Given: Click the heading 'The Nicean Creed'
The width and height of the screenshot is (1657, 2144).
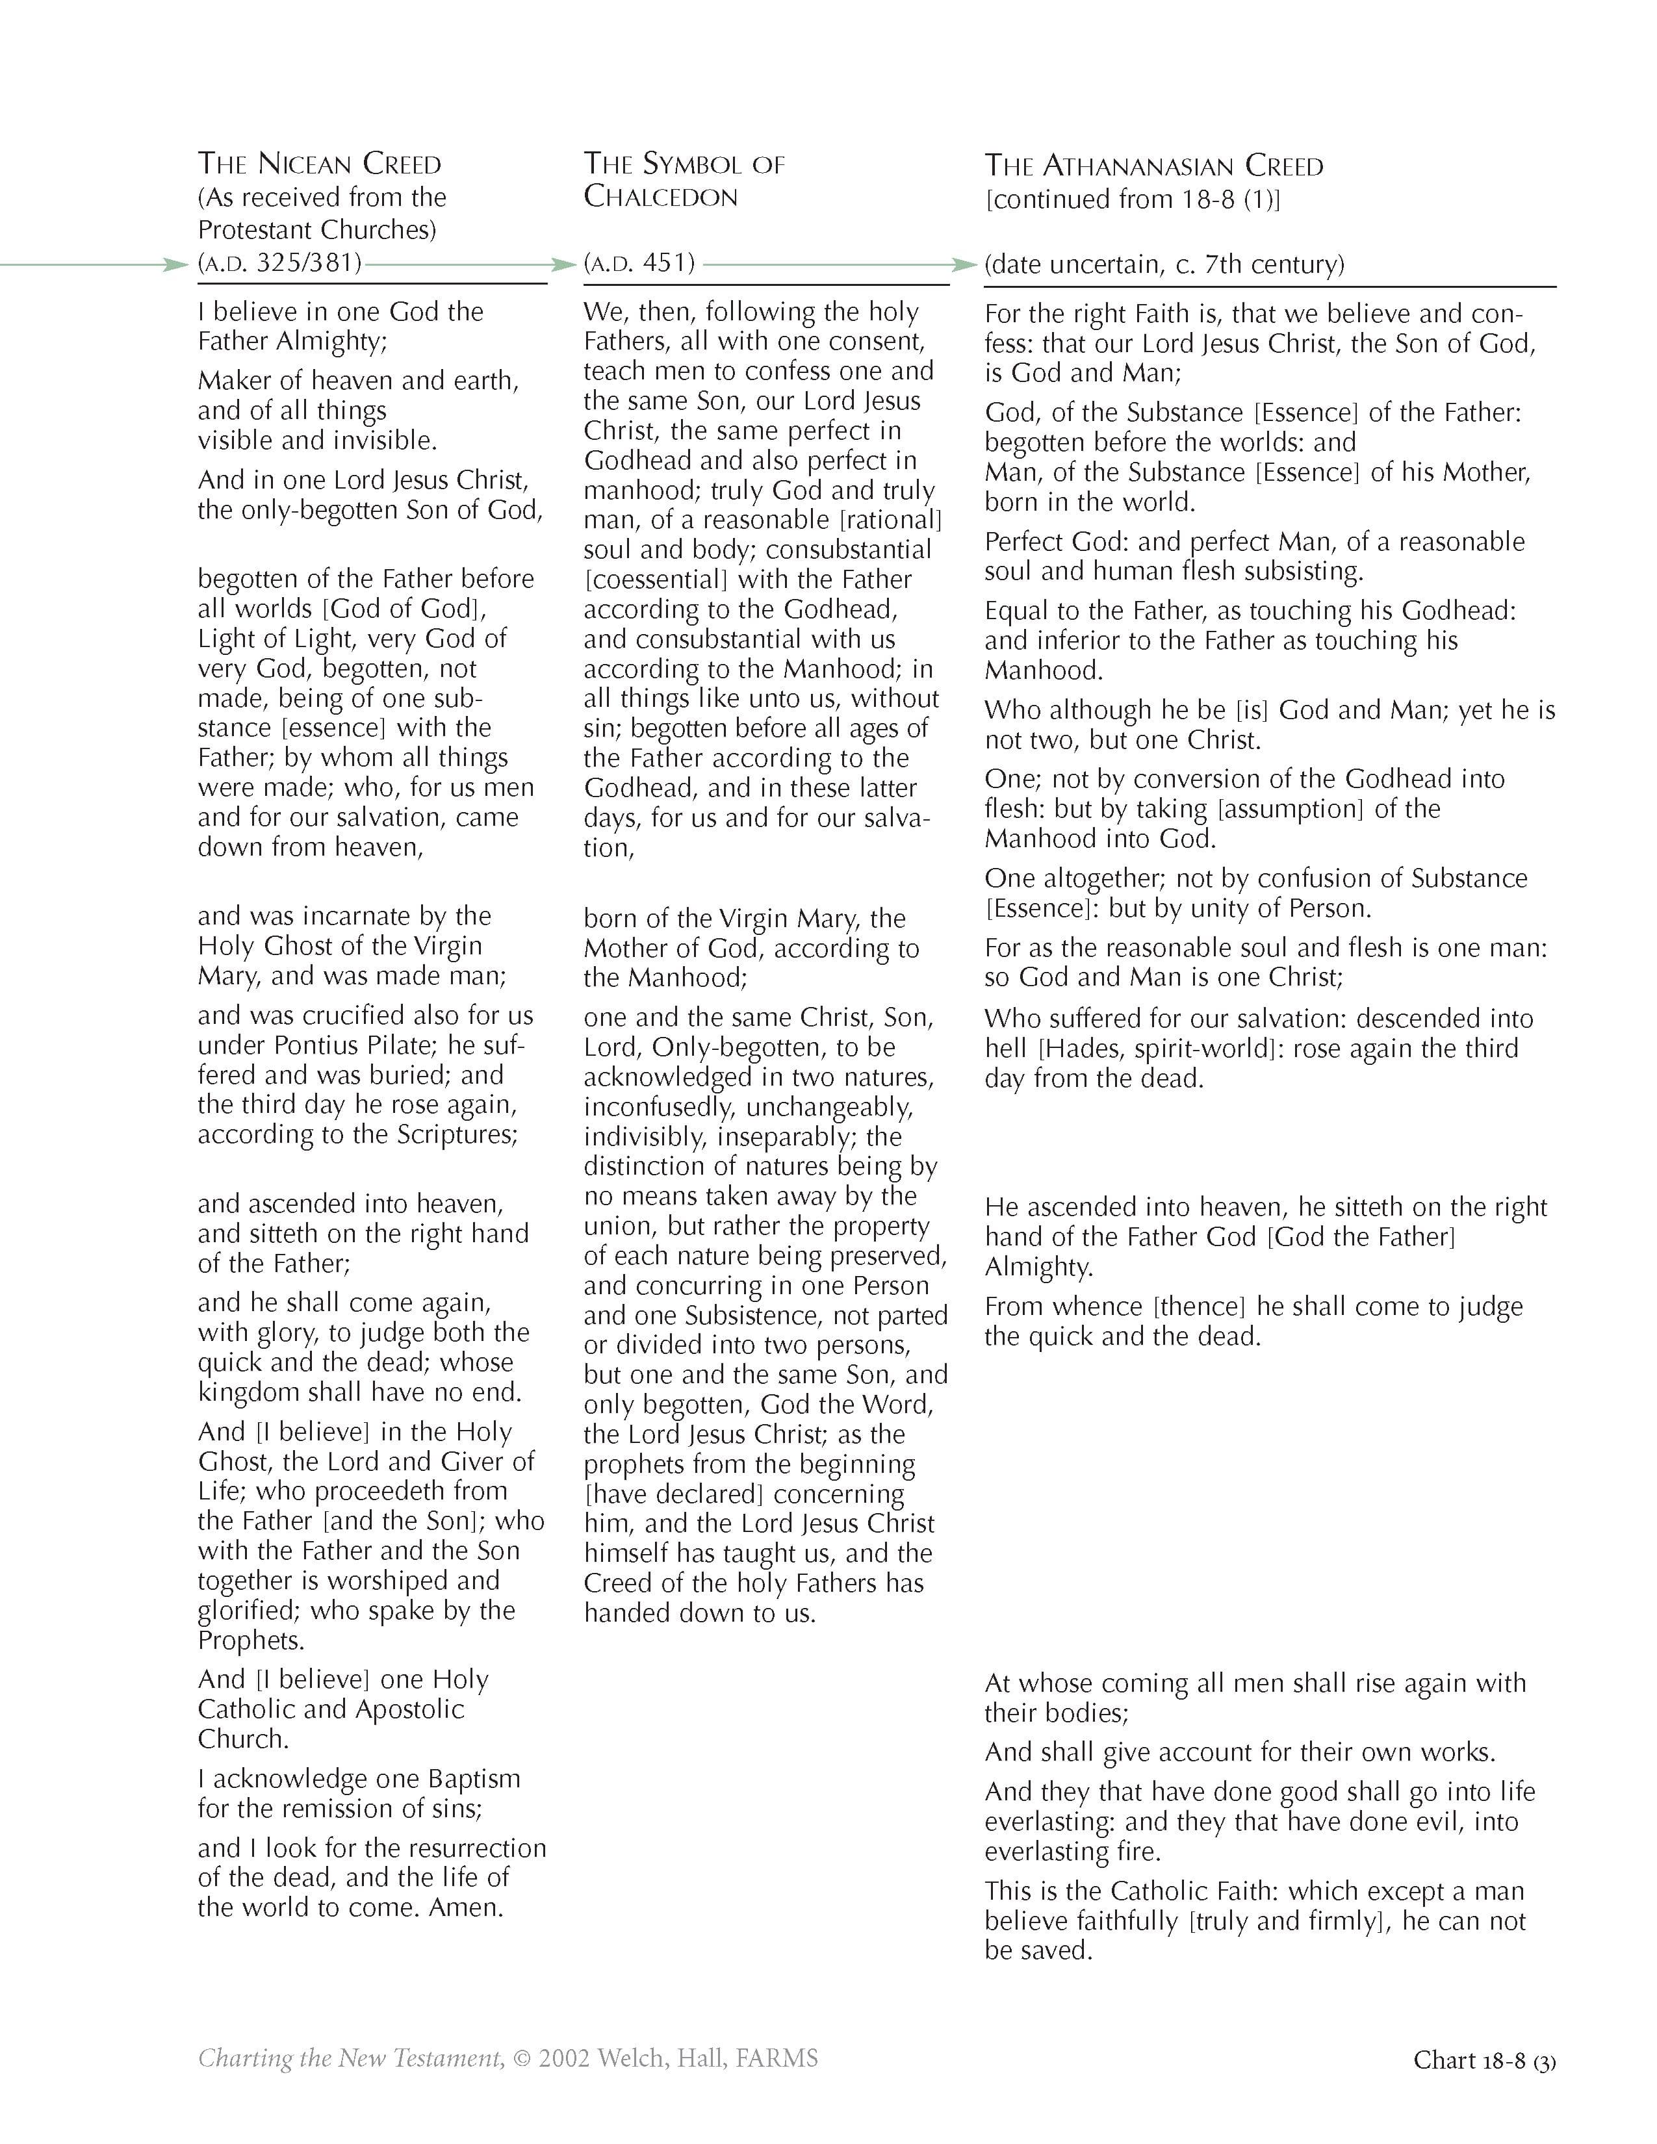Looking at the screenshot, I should [x=319, y=163].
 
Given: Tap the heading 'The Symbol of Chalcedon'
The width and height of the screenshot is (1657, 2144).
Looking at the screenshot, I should [x=684, y=180].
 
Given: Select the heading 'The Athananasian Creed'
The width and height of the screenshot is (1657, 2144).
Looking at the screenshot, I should [x=1153, y=165].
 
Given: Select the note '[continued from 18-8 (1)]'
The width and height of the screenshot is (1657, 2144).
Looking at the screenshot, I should [x=1133, y=199].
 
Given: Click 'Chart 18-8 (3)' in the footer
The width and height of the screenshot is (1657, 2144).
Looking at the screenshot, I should [x=1484, y=2060].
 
